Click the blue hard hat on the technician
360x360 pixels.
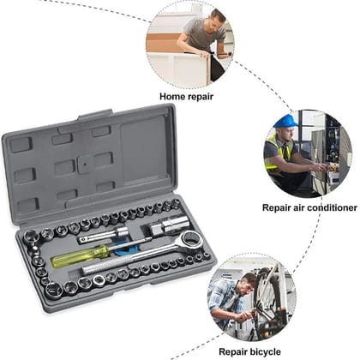(285, 121)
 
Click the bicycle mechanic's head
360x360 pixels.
(245, 281)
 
